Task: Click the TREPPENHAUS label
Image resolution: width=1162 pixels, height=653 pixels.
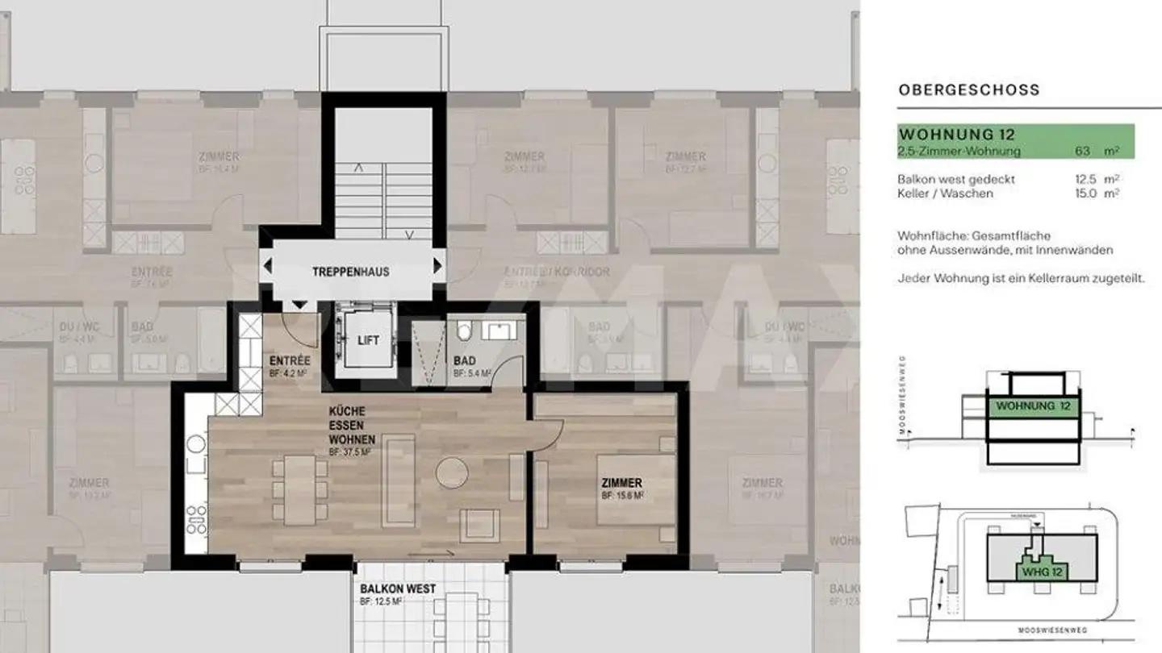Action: pos(350,272)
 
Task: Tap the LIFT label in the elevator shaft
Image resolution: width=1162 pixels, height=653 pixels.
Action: pos(368,341)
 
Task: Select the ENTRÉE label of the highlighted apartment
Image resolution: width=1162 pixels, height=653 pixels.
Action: pos(290,360)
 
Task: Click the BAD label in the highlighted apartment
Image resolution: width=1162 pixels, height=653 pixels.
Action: pos(464,360)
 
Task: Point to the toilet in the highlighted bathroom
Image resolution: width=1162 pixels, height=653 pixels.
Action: pos(464,331)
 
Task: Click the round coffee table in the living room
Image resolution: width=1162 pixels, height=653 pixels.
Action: pos(452,472)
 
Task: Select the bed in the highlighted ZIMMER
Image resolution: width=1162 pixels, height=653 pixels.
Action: pos(636,497)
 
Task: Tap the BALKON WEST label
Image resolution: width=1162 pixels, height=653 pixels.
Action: pos(398,589)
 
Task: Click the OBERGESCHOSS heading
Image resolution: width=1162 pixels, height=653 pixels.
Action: pos(968,90)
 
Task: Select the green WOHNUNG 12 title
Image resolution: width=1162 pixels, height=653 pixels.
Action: pos(956,134)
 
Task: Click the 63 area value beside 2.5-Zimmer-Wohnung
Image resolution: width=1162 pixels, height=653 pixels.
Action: pos(1083,151)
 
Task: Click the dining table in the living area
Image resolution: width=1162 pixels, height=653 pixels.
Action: pos(300,489)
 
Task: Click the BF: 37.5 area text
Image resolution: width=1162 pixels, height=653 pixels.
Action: pos(349,453)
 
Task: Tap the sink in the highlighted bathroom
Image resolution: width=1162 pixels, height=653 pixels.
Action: pos(496,331)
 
